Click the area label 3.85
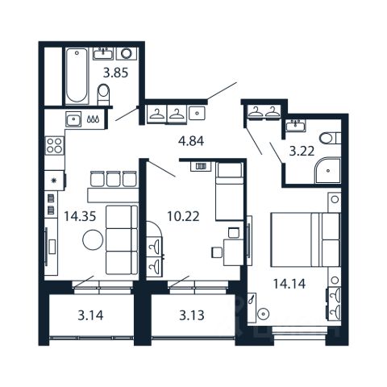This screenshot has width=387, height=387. tap(116, 73)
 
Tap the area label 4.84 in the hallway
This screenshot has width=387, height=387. tap(191, 141)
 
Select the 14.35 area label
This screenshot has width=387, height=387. tap(80, 216)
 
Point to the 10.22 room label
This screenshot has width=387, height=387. tap(183, 216)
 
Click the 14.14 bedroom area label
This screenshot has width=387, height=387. tap(289, 284)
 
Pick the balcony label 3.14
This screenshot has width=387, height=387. tap(90, 315)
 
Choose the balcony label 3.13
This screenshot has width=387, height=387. tap(192, 315)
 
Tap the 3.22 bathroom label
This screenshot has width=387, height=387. tap(302, 152)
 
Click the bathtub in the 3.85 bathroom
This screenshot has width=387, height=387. tap(77, 76)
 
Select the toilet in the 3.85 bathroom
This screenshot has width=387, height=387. tap(103, 94)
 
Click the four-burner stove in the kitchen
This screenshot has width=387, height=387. tap(55, 145)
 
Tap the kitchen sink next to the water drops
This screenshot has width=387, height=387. tap(73, 119)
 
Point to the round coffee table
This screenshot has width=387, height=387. tap(93, 239)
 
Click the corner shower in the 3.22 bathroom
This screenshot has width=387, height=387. tap(327, 170)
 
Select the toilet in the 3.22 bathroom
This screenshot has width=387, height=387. tap(330, 139)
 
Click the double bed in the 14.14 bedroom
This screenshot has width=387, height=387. tap(306, 239)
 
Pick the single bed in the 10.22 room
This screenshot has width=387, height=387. tap(230, 191)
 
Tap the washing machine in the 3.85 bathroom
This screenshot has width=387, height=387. tap(127, 53)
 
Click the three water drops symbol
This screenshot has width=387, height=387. tap(93, 119)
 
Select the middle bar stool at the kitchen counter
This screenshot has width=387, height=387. tap(113, 179)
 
